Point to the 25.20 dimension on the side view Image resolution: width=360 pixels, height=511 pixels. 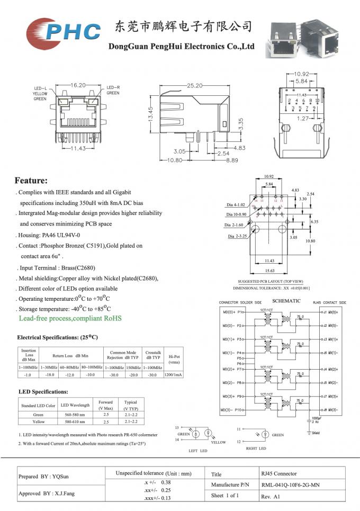(x=194, y=85)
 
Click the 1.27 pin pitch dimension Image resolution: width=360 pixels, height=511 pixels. (x=302, y=119)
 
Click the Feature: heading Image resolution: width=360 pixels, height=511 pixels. (x=31, y=181)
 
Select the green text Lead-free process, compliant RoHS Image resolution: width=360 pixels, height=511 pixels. (x=70, y=318)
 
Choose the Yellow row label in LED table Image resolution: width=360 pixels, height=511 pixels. (x=38, y=422)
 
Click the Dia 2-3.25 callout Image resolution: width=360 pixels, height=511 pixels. (x=238, y=236)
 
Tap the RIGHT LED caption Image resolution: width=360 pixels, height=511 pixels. (x=256, y=449)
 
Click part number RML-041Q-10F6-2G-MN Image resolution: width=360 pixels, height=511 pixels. (x=290, y=485)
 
